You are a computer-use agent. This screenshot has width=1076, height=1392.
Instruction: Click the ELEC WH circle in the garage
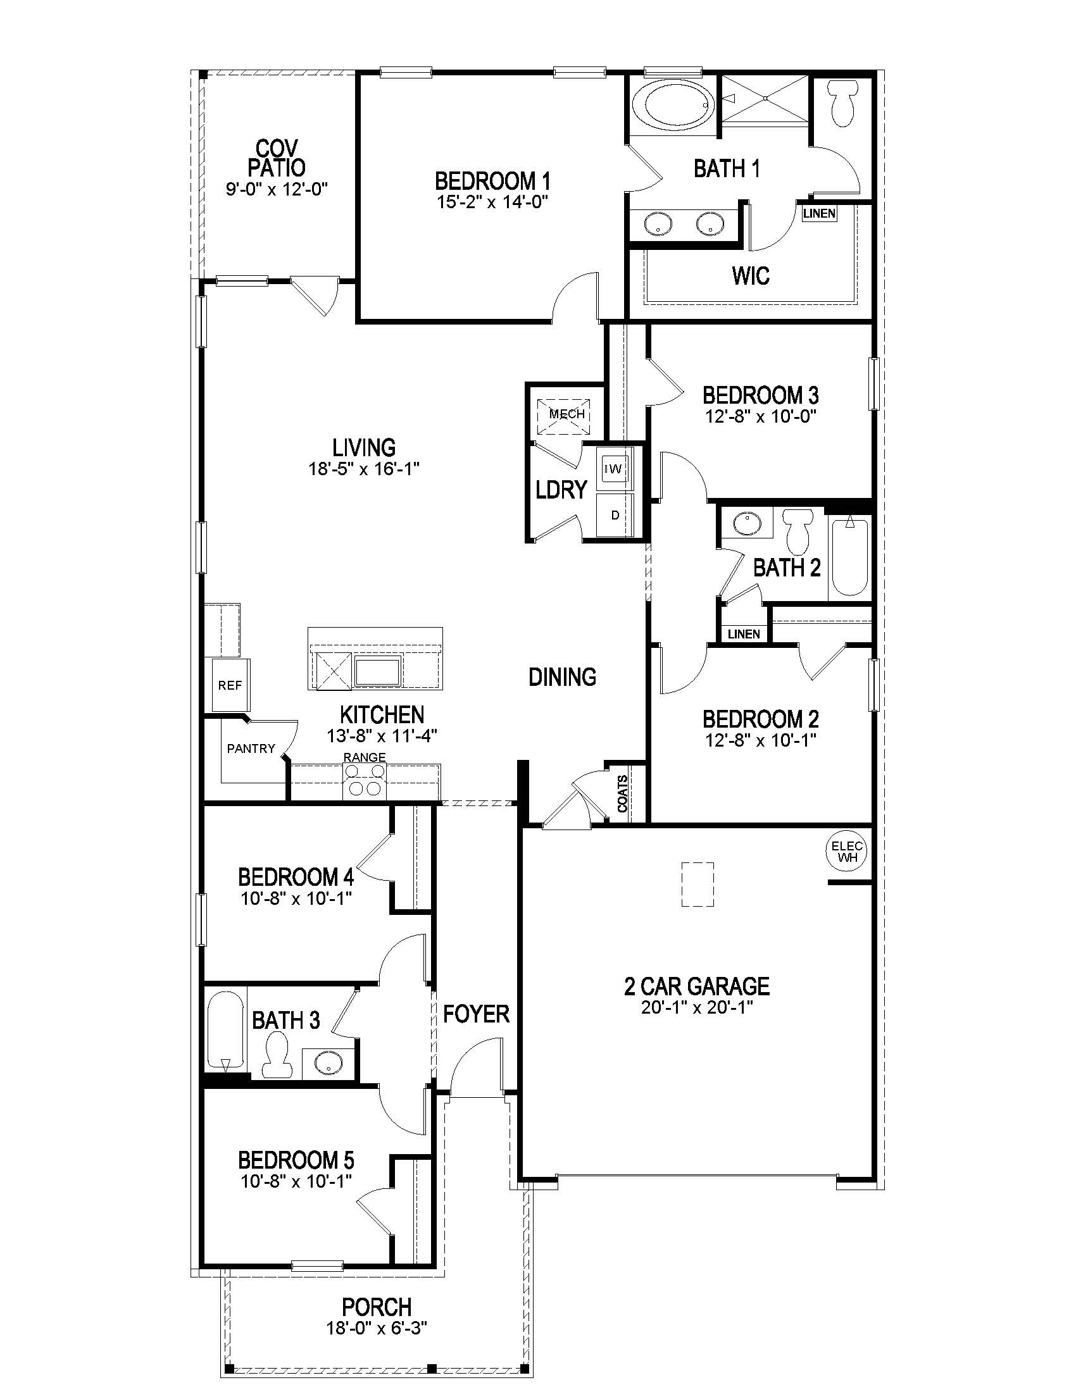(846, 852)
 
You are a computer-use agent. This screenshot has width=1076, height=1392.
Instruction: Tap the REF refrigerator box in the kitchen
(230, 686)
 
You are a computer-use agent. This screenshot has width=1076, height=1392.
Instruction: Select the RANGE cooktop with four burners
(365, 781)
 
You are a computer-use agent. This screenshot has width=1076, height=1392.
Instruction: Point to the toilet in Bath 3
(277, 1059)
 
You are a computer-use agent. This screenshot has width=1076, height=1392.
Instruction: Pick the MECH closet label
(566, 414)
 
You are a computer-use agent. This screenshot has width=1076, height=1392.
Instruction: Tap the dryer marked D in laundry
(615, 515)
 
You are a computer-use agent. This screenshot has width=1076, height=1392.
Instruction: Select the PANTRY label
(251, 749)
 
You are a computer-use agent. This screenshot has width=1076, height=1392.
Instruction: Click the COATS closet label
(623, 793)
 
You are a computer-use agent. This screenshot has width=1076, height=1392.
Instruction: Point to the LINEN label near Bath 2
(743, 633)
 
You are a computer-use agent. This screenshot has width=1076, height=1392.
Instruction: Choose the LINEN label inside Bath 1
(819, 213)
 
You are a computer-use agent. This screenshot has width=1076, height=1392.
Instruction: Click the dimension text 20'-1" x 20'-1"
(698, 1008)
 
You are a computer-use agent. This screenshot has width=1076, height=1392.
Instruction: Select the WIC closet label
(750, 275)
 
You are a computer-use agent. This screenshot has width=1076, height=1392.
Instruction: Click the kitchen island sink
(377, 672)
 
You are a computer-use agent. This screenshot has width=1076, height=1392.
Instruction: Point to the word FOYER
(476, 1014)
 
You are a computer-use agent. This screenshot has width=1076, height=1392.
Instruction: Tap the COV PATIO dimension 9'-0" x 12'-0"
(276, 189)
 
